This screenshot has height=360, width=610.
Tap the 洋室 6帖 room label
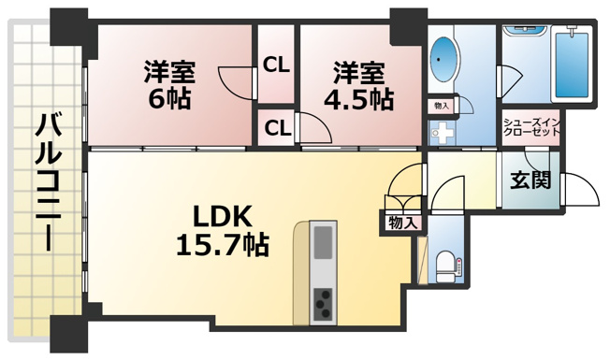tap(169, 84)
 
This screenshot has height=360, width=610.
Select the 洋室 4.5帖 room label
tap(358, 85)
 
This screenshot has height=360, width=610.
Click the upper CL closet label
tap(276, 65)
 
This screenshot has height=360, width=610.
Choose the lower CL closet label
tap(278, 128)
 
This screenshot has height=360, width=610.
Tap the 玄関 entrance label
tap(530, 180)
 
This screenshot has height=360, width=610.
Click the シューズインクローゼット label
tap(531, 127)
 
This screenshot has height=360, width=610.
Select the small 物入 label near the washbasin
tap(442, 106)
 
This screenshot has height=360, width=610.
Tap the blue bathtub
tap(572, 65)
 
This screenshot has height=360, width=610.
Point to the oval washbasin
tap(443, 60)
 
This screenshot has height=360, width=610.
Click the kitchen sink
tap(324, 242)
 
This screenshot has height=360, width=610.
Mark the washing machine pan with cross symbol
tap(443, 134)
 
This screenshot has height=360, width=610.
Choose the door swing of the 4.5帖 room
tap(315, 127)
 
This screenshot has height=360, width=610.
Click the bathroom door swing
tap(510, 80)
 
